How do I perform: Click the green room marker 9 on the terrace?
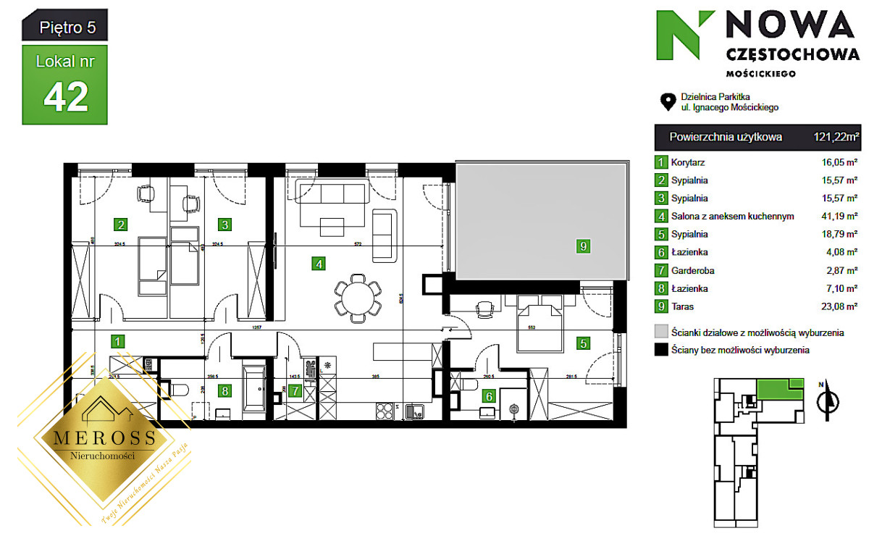(583, 246)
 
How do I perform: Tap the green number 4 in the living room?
(319, 264)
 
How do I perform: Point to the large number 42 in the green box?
(66, 95)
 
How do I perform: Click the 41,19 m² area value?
(840, 216)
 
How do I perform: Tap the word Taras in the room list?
(683, 306)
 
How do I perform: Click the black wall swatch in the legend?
(660, 351)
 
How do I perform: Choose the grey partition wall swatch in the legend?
(660, 332)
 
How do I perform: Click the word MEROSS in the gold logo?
(99, 437)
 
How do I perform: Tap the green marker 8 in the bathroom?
(225, 391)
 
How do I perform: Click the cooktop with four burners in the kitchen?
(385, 411)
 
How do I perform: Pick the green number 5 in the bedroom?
(583, 343)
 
